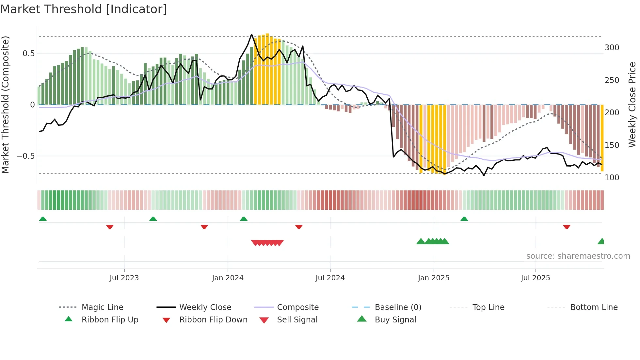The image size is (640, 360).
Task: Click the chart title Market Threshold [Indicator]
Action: (84, 9)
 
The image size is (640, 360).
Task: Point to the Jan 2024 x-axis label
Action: (228, 278)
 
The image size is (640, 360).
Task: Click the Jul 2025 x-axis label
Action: (535, 278)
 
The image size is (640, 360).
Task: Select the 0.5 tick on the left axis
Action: (28, 54)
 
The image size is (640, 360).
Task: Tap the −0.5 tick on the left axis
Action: (26, 156)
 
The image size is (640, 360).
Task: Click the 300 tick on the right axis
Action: (612, 48)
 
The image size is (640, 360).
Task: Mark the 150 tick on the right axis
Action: (612, 145)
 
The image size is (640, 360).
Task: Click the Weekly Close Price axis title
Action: (632, 105)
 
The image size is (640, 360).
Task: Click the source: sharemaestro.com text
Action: (578, 256)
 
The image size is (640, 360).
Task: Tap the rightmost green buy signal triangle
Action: (601, 241)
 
